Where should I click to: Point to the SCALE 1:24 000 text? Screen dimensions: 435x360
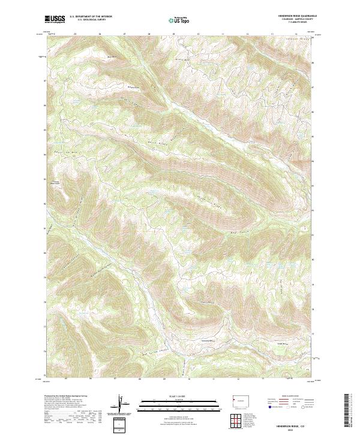[171, 396]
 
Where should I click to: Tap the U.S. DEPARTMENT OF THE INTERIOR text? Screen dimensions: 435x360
[91, 16]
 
